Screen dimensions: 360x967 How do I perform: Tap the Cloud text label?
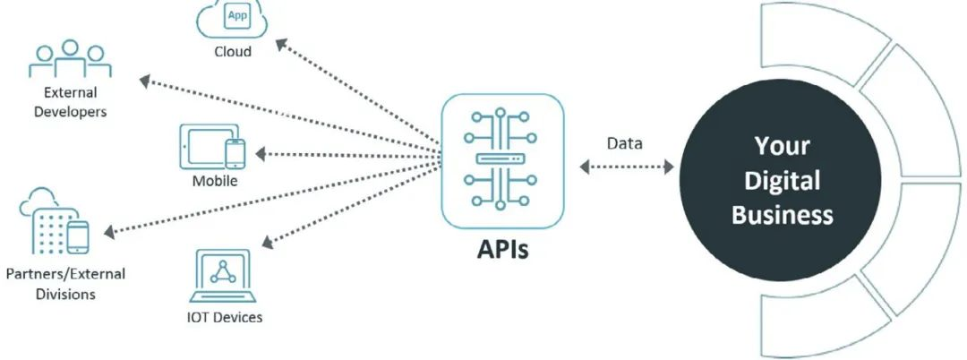[233, 51]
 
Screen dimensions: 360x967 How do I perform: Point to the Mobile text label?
[215, 182]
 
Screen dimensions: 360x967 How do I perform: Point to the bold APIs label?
[502, 248]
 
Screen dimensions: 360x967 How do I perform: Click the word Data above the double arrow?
[624, 144]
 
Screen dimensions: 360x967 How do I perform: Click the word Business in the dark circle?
[782, 215]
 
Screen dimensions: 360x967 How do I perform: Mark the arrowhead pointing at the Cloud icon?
[280, 43]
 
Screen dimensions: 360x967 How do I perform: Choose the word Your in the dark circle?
[782, 146]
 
